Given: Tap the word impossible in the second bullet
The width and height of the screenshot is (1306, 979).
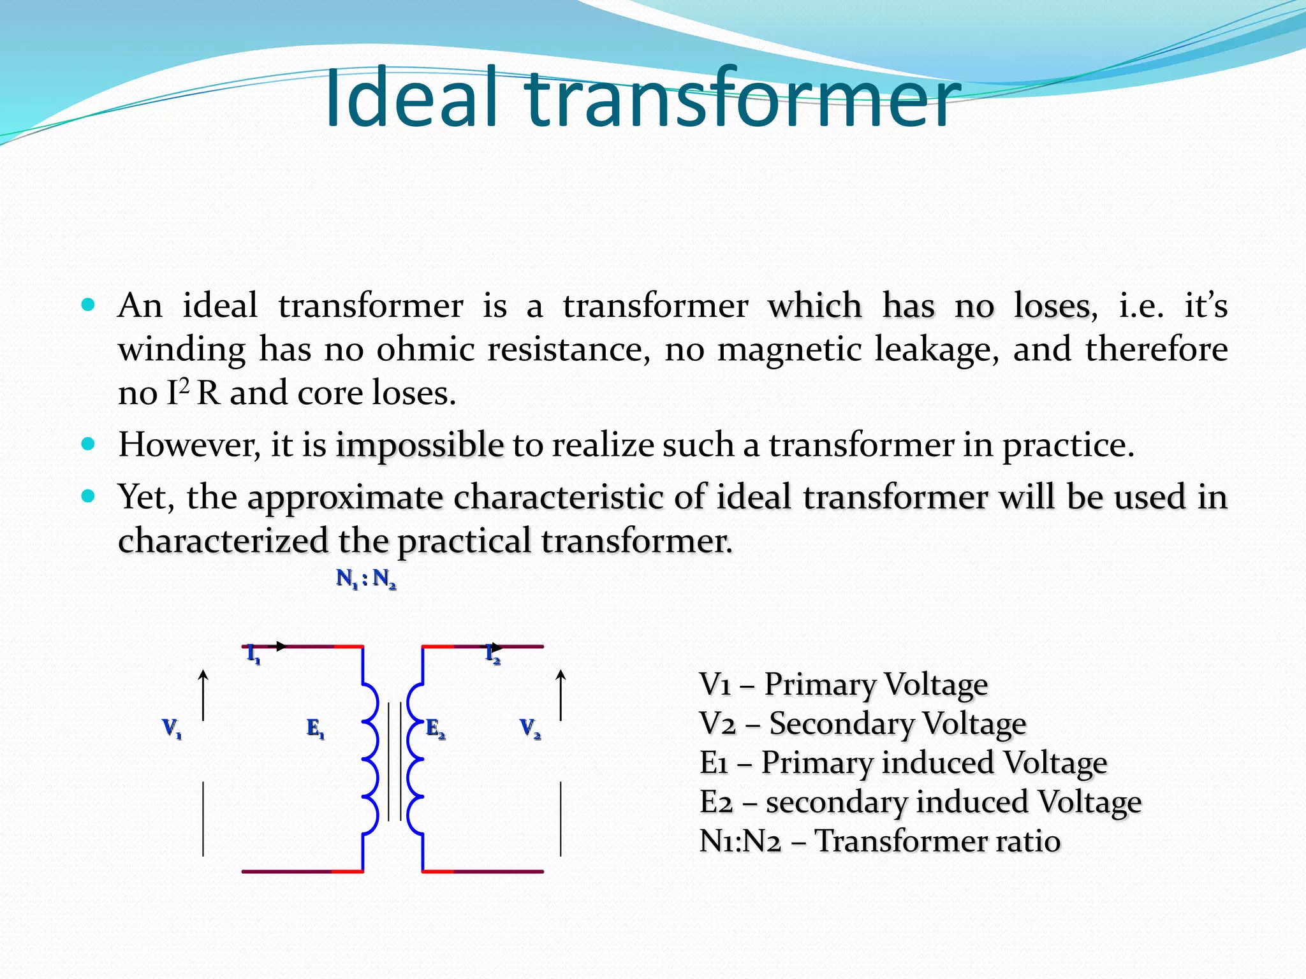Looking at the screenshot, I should pyautogui.click(x=420, y=445).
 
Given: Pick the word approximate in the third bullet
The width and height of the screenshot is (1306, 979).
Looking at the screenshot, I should pyautogui.click(x=345, y=497).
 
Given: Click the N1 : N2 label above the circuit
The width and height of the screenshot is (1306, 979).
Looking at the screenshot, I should pyautogui.click(x=366, y=579).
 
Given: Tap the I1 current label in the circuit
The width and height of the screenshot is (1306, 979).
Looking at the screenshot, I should pyautogui.click(x=253, y=655).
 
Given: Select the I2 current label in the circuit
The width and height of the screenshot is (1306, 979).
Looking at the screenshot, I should pyautogui.click(x=492, y=655).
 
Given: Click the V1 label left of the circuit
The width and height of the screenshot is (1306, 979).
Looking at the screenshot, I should pyautogui.click(x=172, y=728).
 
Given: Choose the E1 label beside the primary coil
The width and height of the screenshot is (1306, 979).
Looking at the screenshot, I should pyautogui.click(x=315, y=728).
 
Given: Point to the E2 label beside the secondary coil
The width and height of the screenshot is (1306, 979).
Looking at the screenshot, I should pyautogui.click(x=436, y=728).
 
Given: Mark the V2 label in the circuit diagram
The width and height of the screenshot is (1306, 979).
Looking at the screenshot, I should pyautogui.click(x=530, y=728).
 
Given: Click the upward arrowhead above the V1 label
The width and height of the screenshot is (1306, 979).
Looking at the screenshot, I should pyautogui.click(x=203, y=674).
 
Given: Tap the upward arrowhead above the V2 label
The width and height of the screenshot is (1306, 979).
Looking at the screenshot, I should pyautogui.click(x=561, y=674).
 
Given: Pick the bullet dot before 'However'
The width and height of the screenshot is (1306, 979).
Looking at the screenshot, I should pyautogui.click(x=89, y=444).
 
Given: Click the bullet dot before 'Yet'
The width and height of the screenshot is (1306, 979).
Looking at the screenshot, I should pyautogui.click(x=89, y=495).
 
